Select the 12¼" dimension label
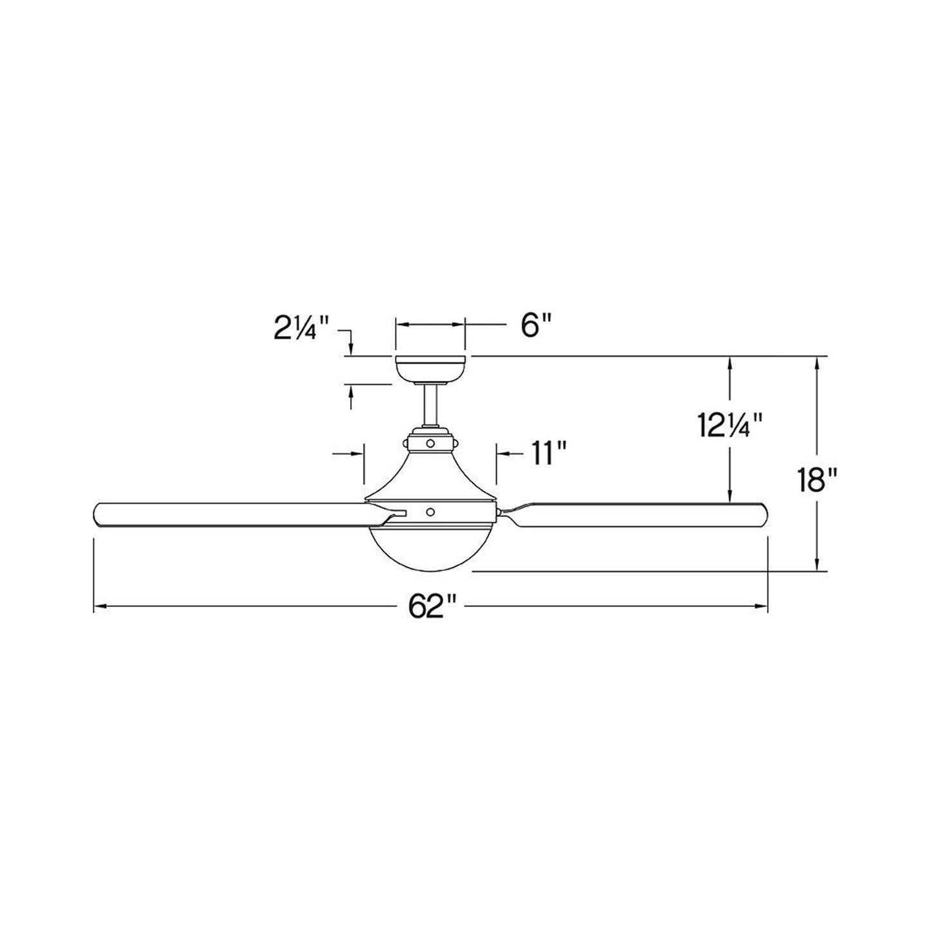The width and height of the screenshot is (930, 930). point(730,425)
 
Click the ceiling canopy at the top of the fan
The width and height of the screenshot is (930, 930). point(430,369)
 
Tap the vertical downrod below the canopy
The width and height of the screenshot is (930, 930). point(430,404)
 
